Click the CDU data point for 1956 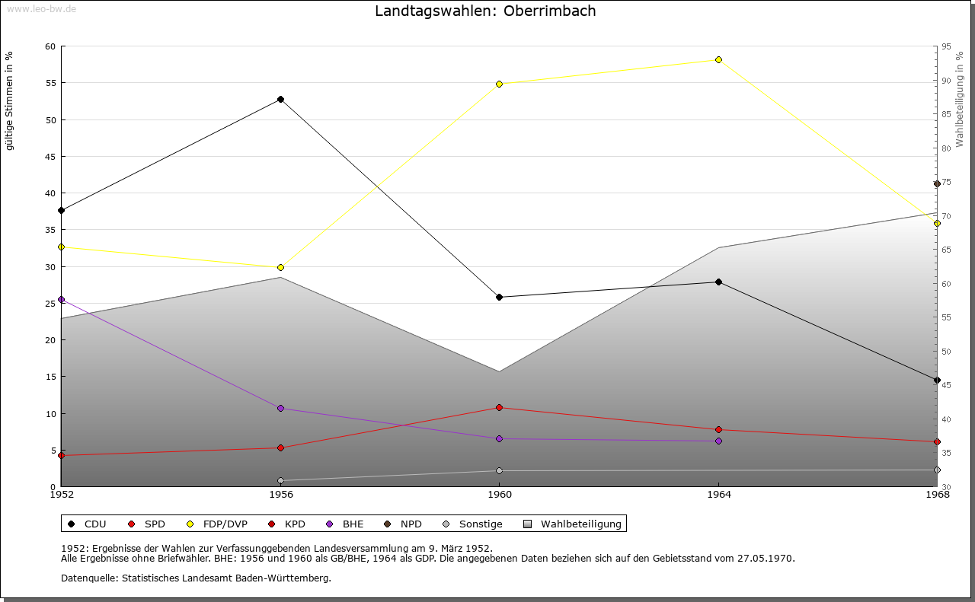pos(281,100)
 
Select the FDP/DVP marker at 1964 pos(718,59)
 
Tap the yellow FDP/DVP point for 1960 pos(499,84)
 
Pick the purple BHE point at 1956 pos(281,409)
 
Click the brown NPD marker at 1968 pos(937,184)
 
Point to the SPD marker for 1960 pos(499,408)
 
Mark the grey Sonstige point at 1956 pos(281,481)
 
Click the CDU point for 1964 pos(718,282)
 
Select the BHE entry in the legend pos(345,524)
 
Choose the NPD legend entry pos(403,524)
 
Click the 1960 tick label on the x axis pos(500,495)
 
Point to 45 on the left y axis pos(50,157)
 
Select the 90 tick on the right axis pos(946,81)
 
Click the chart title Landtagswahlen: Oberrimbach pos(485,11)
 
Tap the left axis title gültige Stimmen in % pos(9,101)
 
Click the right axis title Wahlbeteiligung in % pos(959,99)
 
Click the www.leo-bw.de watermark pos(42,8)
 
